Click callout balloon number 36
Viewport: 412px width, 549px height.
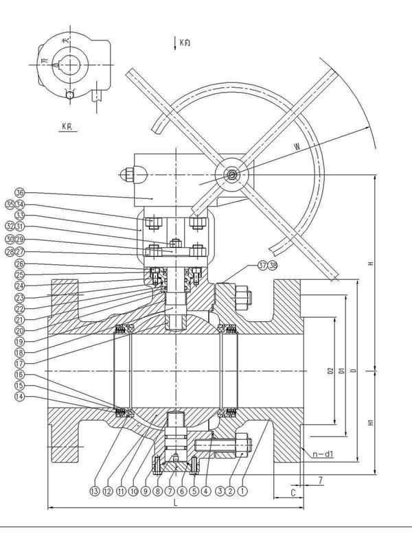click(19, 193)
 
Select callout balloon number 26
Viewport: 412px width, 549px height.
click(19, 264)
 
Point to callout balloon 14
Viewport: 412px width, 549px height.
click(19, 397)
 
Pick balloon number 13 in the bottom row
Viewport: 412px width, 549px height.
click(94, 491)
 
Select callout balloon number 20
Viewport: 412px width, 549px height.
click(19, 330)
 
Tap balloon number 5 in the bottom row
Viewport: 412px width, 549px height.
click(194, 491)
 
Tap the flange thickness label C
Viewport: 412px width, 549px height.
click(294, 492)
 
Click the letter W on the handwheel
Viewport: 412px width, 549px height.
click(296, 145)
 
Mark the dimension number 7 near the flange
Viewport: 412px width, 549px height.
click(320, 481)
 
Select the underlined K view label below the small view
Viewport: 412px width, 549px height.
click(67, 126)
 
